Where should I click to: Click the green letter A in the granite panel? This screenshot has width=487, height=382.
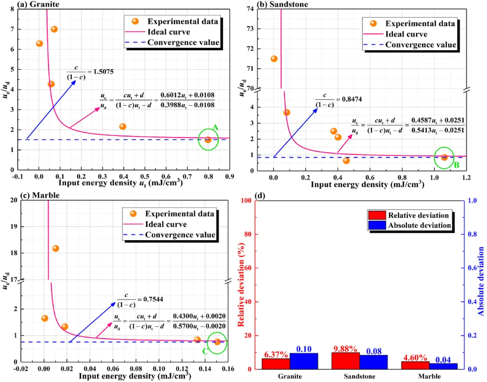pyautogui.click(x=216, y=128)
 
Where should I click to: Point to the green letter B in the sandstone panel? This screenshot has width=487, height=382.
pyautogui.click(x=456, y=165)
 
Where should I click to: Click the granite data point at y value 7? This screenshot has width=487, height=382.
pyautogui.click(x=54, y=29)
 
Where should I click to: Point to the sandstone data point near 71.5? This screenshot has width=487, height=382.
pyautogui.click(x=274, y=59)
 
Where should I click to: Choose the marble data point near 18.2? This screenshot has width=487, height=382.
pyautogui.click(x=55, y=248)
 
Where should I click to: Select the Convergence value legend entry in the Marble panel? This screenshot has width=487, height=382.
pyautogui.click(x=180, y=235)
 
